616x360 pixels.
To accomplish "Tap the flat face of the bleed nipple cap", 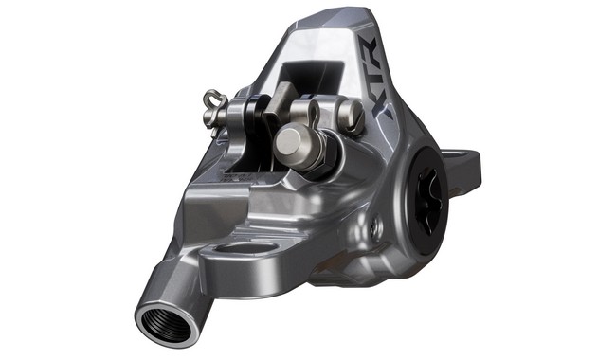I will click(290, 145).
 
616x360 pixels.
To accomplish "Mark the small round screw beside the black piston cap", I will click(377, 228).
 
